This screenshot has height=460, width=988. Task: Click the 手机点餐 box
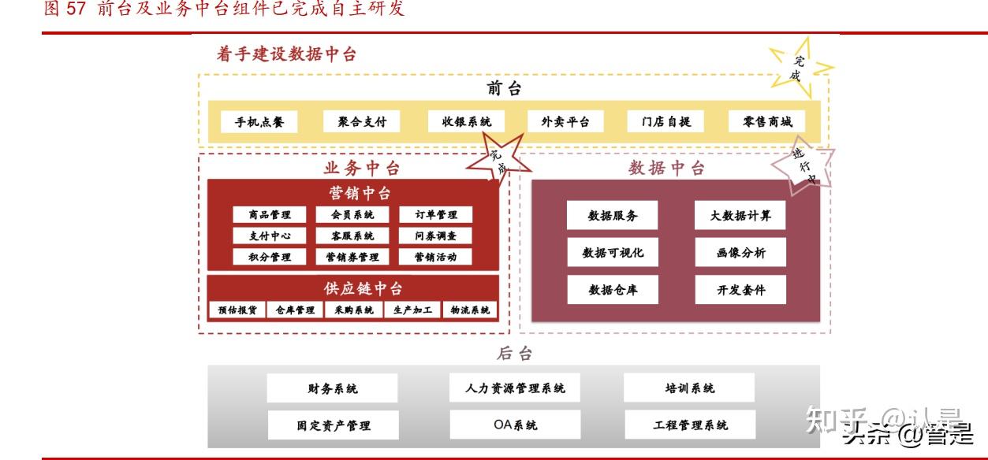click(259, 122)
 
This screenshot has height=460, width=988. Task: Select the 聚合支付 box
click(362, 122)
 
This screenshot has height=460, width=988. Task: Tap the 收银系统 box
click(466, 122)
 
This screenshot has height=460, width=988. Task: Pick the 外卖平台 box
click(565, 122)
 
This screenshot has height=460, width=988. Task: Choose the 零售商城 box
click(767, 122)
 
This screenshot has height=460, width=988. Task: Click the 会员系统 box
click(346, 215)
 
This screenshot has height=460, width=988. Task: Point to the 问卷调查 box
click(435, 236)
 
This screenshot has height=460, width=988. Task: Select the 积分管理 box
click(270, 257)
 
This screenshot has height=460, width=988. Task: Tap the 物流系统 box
click(470, 310)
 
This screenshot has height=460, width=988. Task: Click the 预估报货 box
click(237, 310)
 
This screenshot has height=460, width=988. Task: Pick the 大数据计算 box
click(740, 216)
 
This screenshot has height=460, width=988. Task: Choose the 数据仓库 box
click(613, 290)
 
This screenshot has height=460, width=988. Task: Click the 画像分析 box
click(740, 253)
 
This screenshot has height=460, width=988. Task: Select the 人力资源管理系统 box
click(515, 388)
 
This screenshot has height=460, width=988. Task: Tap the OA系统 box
click(515, 425)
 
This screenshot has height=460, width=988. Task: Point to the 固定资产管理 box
click(334, 425)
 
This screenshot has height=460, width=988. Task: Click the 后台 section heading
click(514, 354)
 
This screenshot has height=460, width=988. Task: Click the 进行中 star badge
click(803, 163)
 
